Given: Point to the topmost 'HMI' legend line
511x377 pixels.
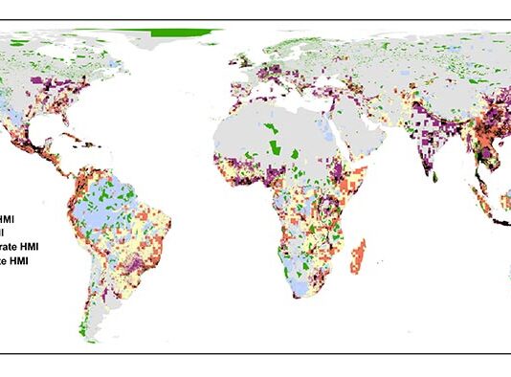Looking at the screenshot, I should coord(14,219).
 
